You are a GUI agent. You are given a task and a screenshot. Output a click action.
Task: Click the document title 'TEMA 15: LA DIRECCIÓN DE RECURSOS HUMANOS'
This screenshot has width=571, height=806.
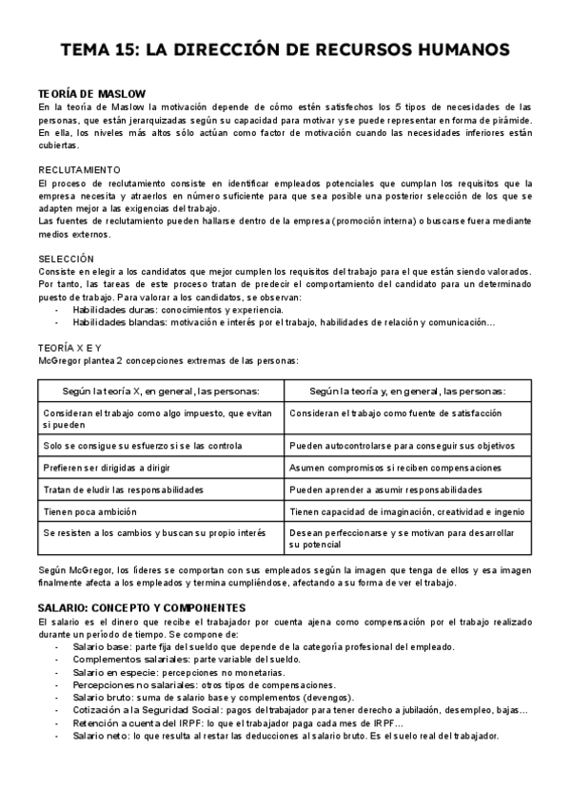(x=285, y=49)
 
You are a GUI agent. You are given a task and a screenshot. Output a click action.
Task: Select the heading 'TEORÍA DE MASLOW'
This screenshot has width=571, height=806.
(x=91, y=93)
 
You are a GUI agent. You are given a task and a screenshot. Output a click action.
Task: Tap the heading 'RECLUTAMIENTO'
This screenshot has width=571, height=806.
(x=80, y=170)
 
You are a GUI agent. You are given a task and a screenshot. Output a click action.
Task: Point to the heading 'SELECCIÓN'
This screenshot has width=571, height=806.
(x=67, y=259)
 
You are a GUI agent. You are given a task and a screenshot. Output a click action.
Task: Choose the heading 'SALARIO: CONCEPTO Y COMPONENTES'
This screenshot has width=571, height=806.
(x=142, y=607)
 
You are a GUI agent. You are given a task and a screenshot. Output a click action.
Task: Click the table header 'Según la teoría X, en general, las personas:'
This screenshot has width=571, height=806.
(x=160, y=391)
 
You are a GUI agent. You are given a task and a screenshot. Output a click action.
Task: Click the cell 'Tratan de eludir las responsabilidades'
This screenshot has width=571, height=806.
(x=124, y=489)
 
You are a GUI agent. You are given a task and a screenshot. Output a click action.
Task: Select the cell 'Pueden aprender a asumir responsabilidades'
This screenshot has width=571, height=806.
(x=385, y=489)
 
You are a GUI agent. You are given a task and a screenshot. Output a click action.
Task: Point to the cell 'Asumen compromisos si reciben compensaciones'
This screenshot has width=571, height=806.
(x=395, y=468)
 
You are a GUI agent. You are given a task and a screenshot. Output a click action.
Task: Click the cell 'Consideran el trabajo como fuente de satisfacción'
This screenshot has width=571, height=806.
(x=395, y=414)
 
